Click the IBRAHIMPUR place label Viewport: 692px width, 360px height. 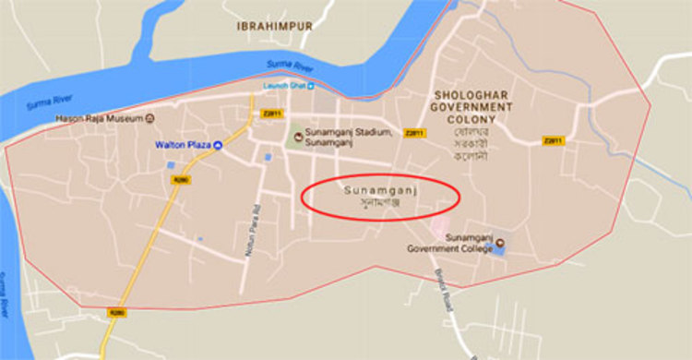tap(273, 26)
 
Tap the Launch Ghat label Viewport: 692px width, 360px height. tap(283, 86)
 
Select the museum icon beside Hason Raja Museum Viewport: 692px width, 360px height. tap(149, 118)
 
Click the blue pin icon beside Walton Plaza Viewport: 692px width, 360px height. tap(218, 145)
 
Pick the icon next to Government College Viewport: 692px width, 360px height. tap(501, 245)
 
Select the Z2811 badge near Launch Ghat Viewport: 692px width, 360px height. tap(270, 114)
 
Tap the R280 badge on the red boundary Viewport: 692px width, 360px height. tap(117, 313)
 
